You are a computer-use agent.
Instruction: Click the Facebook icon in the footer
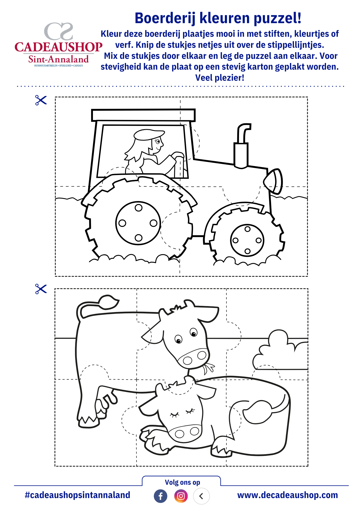point(160,496)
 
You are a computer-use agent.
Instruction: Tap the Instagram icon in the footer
point(181,496)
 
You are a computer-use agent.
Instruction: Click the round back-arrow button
point(202,496)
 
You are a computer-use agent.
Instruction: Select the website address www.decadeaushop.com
point(288,495)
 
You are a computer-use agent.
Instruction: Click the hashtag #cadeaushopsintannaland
point(78,495)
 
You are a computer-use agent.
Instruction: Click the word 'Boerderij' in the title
point(165,18)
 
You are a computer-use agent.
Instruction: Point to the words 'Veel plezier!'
point(220,78)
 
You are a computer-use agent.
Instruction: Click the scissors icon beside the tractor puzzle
point(41,100)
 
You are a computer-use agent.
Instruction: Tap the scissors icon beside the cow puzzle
point(41,289)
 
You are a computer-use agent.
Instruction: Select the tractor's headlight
point(273,181)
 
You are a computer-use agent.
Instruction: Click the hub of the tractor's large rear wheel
point(138,223)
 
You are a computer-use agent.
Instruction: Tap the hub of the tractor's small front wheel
point(247,240)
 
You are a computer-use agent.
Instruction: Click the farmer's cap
point(149,135)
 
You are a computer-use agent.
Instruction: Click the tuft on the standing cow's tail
point(109,302)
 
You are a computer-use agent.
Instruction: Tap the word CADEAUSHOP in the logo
point(59,47)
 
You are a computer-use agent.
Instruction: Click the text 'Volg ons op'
point(183,482)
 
